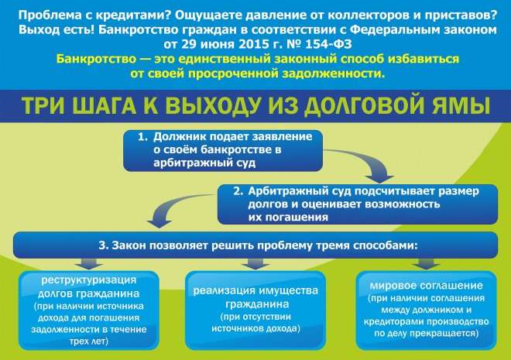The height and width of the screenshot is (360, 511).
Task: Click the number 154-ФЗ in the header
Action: (x=328, y=44)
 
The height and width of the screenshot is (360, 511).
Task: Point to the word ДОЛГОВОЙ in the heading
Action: (x=364, y=106)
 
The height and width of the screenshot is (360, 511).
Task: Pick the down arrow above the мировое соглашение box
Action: (x=427, y=263)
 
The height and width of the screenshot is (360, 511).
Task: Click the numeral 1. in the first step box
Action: (x=142, y=137)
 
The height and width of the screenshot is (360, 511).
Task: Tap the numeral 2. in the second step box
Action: (x=238, y=191)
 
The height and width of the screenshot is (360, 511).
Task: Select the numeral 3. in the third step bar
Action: (x=104, y=245)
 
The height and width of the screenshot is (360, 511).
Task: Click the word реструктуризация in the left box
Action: (x=88, y=280)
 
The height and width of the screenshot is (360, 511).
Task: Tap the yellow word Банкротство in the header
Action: (x=96, y=59)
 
